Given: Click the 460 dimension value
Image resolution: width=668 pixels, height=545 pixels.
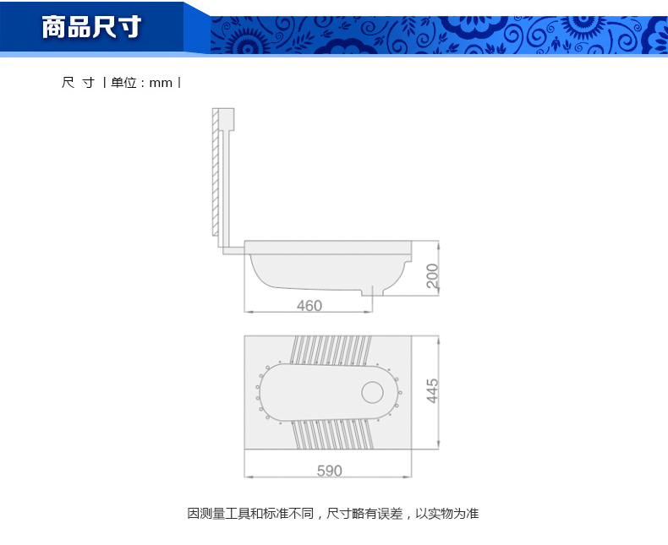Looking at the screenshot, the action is [309, 305].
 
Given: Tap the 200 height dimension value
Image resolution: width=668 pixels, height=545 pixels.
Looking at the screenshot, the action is [432, 275].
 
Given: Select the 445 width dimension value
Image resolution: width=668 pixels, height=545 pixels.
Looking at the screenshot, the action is [432, 390].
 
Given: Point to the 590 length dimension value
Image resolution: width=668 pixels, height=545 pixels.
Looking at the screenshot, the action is [329, 471].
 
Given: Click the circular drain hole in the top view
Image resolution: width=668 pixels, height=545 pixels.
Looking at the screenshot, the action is [372, 392].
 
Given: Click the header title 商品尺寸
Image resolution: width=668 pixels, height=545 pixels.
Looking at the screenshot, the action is [91, 27].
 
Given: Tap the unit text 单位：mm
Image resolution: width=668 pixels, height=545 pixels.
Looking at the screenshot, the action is [141, 82].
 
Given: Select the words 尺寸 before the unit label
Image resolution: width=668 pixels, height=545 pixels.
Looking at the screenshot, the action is [78, 82].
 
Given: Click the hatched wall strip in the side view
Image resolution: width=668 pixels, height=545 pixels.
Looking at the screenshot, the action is [215, 172].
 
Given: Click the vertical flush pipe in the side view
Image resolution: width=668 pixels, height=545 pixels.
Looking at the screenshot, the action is [226, 188].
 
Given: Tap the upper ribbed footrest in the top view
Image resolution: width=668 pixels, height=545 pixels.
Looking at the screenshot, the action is [330, 351].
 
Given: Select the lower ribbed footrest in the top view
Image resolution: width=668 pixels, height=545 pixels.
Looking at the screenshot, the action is [332, 433].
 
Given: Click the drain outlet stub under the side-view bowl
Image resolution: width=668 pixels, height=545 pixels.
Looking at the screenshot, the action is [373, 292].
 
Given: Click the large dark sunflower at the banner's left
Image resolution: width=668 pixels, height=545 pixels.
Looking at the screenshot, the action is [248, 41].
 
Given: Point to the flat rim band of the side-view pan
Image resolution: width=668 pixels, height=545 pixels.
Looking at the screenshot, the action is [328, 248].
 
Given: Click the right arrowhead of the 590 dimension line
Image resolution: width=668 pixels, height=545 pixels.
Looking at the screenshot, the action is [408, 477].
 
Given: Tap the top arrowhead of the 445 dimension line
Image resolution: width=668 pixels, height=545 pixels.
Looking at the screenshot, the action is [438, 339].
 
